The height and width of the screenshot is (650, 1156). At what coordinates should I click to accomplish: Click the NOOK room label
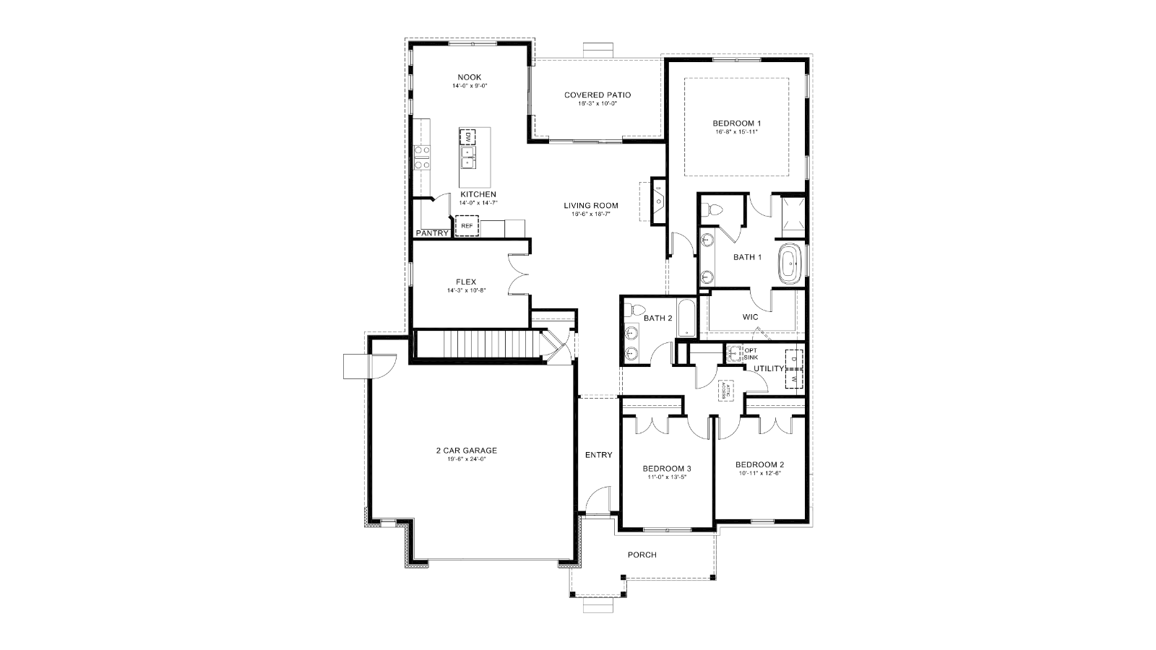[470, 77]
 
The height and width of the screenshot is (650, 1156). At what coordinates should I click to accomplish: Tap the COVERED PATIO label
[598, 95]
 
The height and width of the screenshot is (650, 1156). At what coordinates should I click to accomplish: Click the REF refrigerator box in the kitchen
[467, 226]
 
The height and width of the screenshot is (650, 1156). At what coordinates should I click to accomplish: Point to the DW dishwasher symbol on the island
[467, 136]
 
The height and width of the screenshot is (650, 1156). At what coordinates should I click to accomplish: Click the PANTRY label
[431, 233]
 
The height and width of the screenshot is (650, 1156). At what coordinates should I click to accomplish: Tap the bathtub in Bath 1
[791, 264]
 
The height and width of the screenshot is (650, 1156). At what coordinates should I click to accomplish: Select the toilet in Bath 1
[715, 210]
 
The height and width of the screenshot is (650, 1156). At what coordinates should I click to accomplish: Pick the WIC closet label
[750, 317]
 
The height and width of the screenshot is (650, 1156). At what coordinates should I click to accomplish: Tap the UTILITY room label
[769, 368]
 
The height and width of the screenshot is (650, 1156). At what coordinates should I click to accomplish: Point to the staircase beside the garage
[477, 343]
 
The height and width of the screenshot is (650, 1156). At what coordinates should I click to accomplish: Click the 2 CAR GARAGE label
[466, 451]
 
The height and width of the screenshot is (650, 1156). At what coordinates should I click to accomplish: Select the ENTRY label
[598, 455]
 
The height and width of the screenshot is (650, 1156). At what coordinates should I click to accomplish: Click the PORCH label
[642, 555]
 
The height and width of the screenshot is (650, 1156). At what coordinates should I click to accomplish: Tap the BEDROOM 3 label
[667, 469]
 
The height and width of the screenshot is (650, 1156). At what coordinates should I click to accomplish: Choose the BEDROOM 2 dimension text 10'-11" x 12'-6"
[760, 474]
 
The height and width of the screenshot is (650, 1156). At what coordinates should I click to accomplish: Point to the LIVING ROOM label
[591, 206]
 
